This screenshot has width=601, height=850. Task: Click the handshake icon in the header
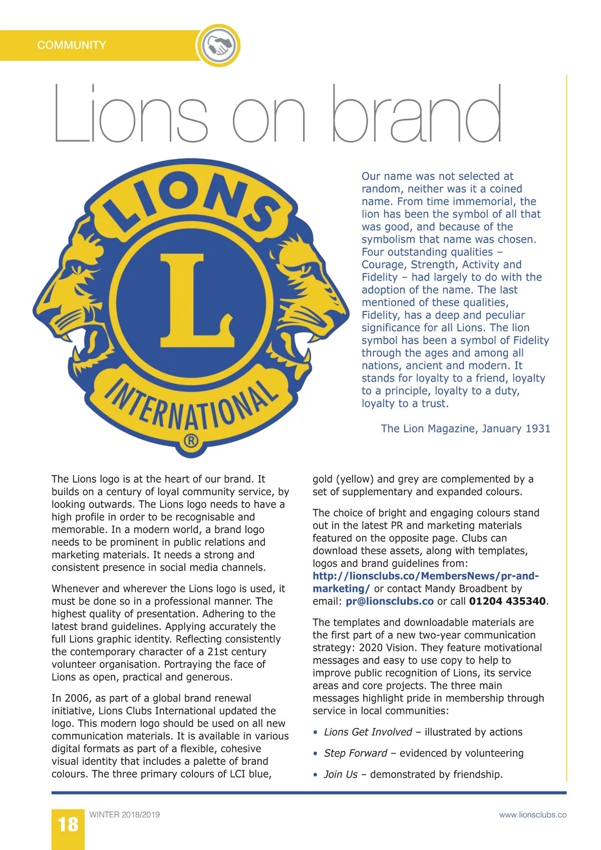[x=218, y=45]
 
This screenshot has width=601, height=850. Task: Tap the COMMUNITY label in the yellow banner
[x=71, y=45]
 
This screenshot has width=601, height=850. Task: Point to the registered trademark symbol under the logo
[x=191, y=442]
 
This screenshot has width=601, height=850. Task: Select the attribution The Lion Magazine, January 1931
[x=465, y=429]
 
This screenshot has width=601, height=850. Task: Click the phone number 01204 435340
[x=507, y=601]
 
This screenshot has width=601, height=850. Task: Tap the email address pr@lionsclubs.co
[x=390, y=601]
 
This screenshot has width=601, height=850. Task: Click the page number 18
[x=68, y=824]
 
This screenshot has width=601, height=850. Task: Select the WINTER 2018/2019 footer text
[x=124, y=814]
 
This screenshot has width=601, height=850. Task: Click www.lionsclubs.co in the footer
[x=532, y=815]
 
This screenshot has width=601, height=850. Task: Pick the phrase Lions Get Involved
[x=368, y=732]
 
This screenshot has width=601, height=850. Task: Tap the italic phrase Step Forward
[x=355, y=753]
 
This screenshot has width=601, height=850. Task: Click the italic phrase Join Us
[x=341, y=774]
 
